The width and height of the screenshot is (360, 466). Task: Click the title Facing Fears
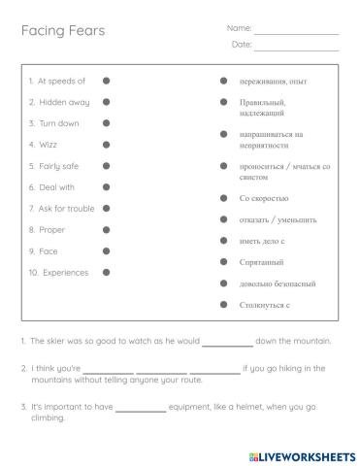(x=63, y=31)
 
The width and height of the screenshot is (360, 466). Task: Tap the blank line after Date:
(x=296, y=48)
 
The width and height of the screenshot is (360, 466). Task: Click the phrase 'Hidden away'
(x=64, y=102)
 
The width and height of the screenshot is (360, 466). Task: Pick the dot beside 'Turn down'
(x=106, y=123)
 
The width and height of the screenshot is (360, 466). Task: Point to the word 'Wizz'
(x=48, y=145)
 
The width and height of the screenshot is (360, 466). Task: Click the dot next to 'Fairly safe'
(x=106, y=166)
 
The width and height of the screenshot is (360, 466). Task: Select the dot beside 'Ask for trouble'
(x=106, y=209)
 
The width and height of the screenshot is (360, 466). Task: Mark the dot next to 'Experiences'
(x=106, y=273)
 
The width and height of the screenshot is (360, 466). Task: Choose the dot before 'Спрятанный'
(x=223, y=262)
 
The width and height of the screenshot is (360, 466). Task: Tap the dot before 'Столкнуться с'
(x=223, y=305)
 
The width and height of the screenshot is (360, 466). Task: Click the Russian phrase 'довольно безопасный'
(x=278, y=283)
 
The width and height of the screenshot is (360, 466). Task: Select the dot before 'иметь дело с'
(x=223, y=241)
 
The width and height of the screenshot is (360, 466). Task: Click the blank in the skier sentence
(x=227, y=343)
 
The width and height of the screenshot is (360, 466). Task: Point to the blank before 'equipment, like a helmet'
(x=141, y=409)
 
